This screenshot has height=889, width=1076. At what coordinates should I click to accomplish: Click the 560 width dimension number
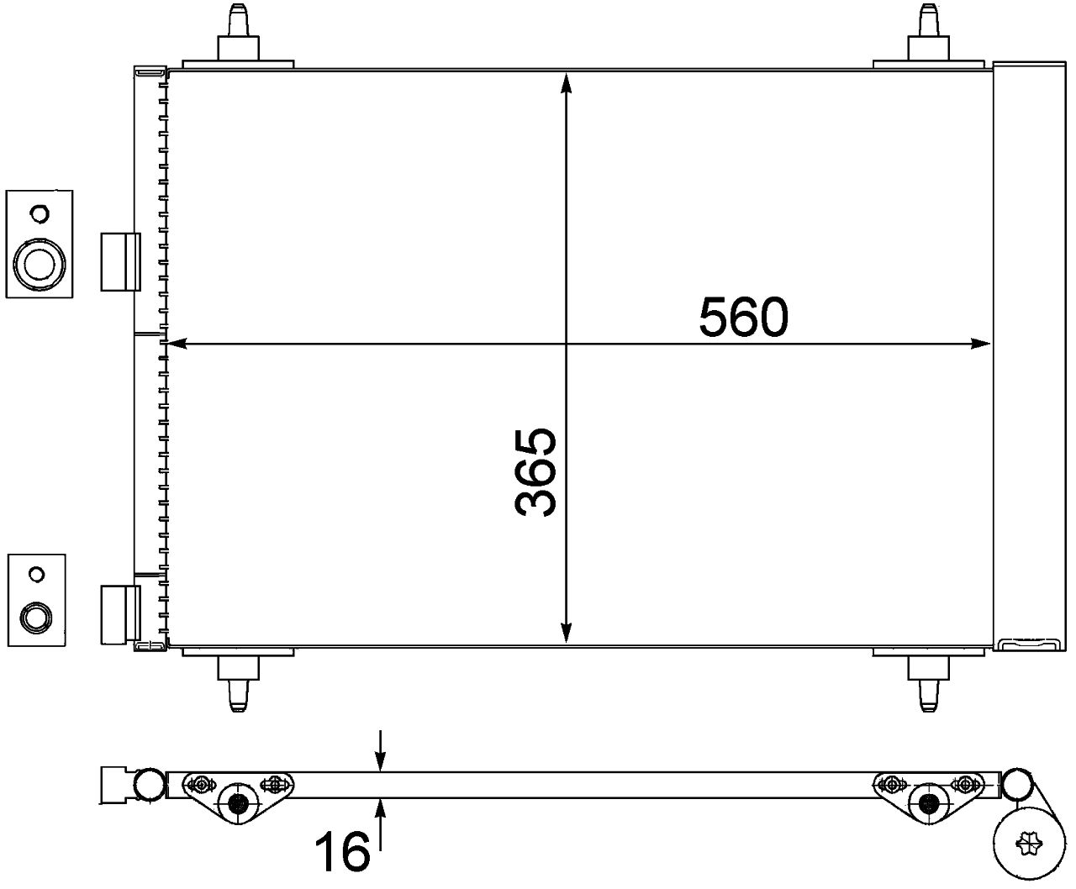coord(744,318)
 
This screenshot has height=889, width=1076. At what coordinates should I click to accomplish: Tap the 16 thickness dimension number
coord(343,852)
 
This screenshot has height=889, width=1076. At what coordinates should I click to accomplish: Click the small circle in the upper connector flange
coord(39,213)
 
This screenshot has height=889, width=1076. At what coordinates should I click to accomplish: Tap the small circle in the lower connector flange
coord(35,575)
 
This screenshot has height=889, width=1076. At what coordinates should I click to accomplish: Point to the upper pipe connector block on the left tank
coord(119,261)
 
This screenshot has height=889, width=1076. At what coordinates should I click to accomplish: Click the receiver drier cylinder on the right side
coord(1030,353)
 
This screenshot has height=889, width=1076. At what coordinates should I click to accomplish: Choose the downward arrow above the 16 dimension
coord(381,760)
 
